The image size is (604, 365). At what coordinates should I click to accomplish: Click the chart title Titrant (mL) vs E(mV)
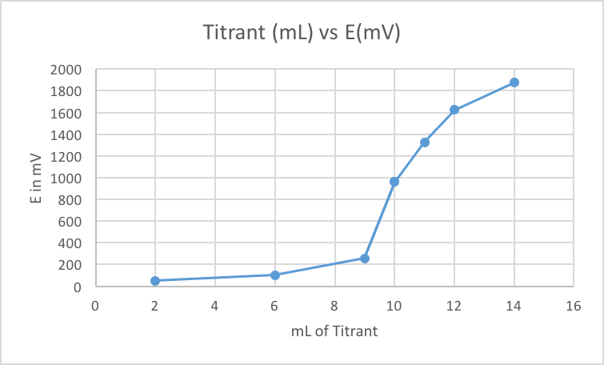point(302,34)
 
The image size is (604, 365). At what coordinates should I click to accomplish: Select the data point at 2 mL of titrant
point(155,281)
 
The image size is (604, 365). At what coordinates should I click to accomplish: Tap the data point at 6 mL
point(275,275)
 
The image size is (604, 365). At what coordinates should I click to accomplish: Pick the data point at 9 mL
point(365,259)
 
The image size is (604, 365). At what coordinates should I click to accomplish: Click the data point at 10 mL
point(394,182)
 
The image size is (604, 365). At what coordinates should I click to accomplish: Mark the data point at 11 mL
point(425,142)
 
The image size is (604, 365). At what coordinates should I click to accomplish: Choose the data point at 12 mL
point(454,110)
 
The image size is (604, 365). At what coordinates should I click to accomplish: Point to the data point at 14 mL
point(514,82)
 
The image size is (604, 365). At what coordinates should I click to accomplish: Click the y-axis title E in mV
point(37,178)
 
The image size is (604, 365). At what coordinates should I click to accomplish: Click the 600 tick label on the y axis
point(72,222)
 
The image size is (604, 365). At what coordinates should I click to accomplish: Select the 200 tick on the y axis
point(72,265)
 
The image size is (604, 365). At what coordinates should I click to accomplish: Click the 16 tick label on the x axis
point(574,305)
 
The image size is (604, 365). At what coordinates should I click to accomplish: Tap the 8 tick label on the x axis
point(334,305)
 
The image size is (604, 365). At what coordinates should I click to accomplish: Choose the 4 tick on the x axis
point(215,305)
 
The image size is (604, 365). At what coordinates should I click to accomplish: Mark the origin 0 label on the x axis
point(95,305)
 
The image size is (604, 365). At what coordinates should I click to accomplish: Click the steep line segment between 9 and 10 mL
point(380,220)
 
